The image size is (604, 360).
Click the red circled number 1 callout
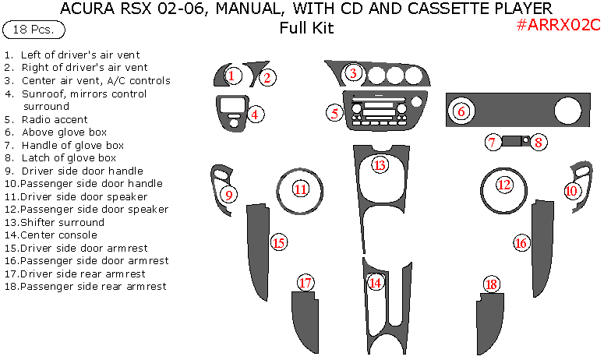(231, 76)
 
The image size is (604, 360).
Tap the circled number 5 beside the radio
(335, 113)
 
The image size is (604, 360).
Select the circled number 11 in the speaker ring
(301, 189)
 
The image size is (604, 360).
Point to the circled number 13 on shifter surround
(380, 165)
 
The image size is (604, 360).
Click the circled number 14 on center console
(376, 283)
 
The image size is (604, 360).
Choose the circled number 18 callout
(490, 284)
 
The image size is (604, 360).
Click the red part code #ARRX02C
(558, 25)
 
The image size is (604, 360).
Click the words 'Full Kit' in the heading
(306, 29)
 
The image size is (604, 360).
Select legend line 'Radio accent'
(54, 120)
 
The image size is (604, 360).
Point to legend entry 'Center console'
(58, 235)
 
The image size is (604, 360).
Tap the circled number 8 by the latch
(539, 142)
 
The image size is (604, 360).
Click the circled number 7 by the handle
(492, 142)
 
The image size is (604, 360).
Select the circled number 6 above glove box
(461, 111)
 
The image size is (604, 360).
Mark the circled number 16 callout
(521, 243)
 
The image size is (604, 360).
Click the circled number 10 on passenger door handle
(572, 190)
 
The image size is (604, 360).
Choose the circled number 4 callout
(255, 115)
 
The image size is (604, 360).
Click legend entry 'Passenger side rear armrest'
(93, 286)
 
